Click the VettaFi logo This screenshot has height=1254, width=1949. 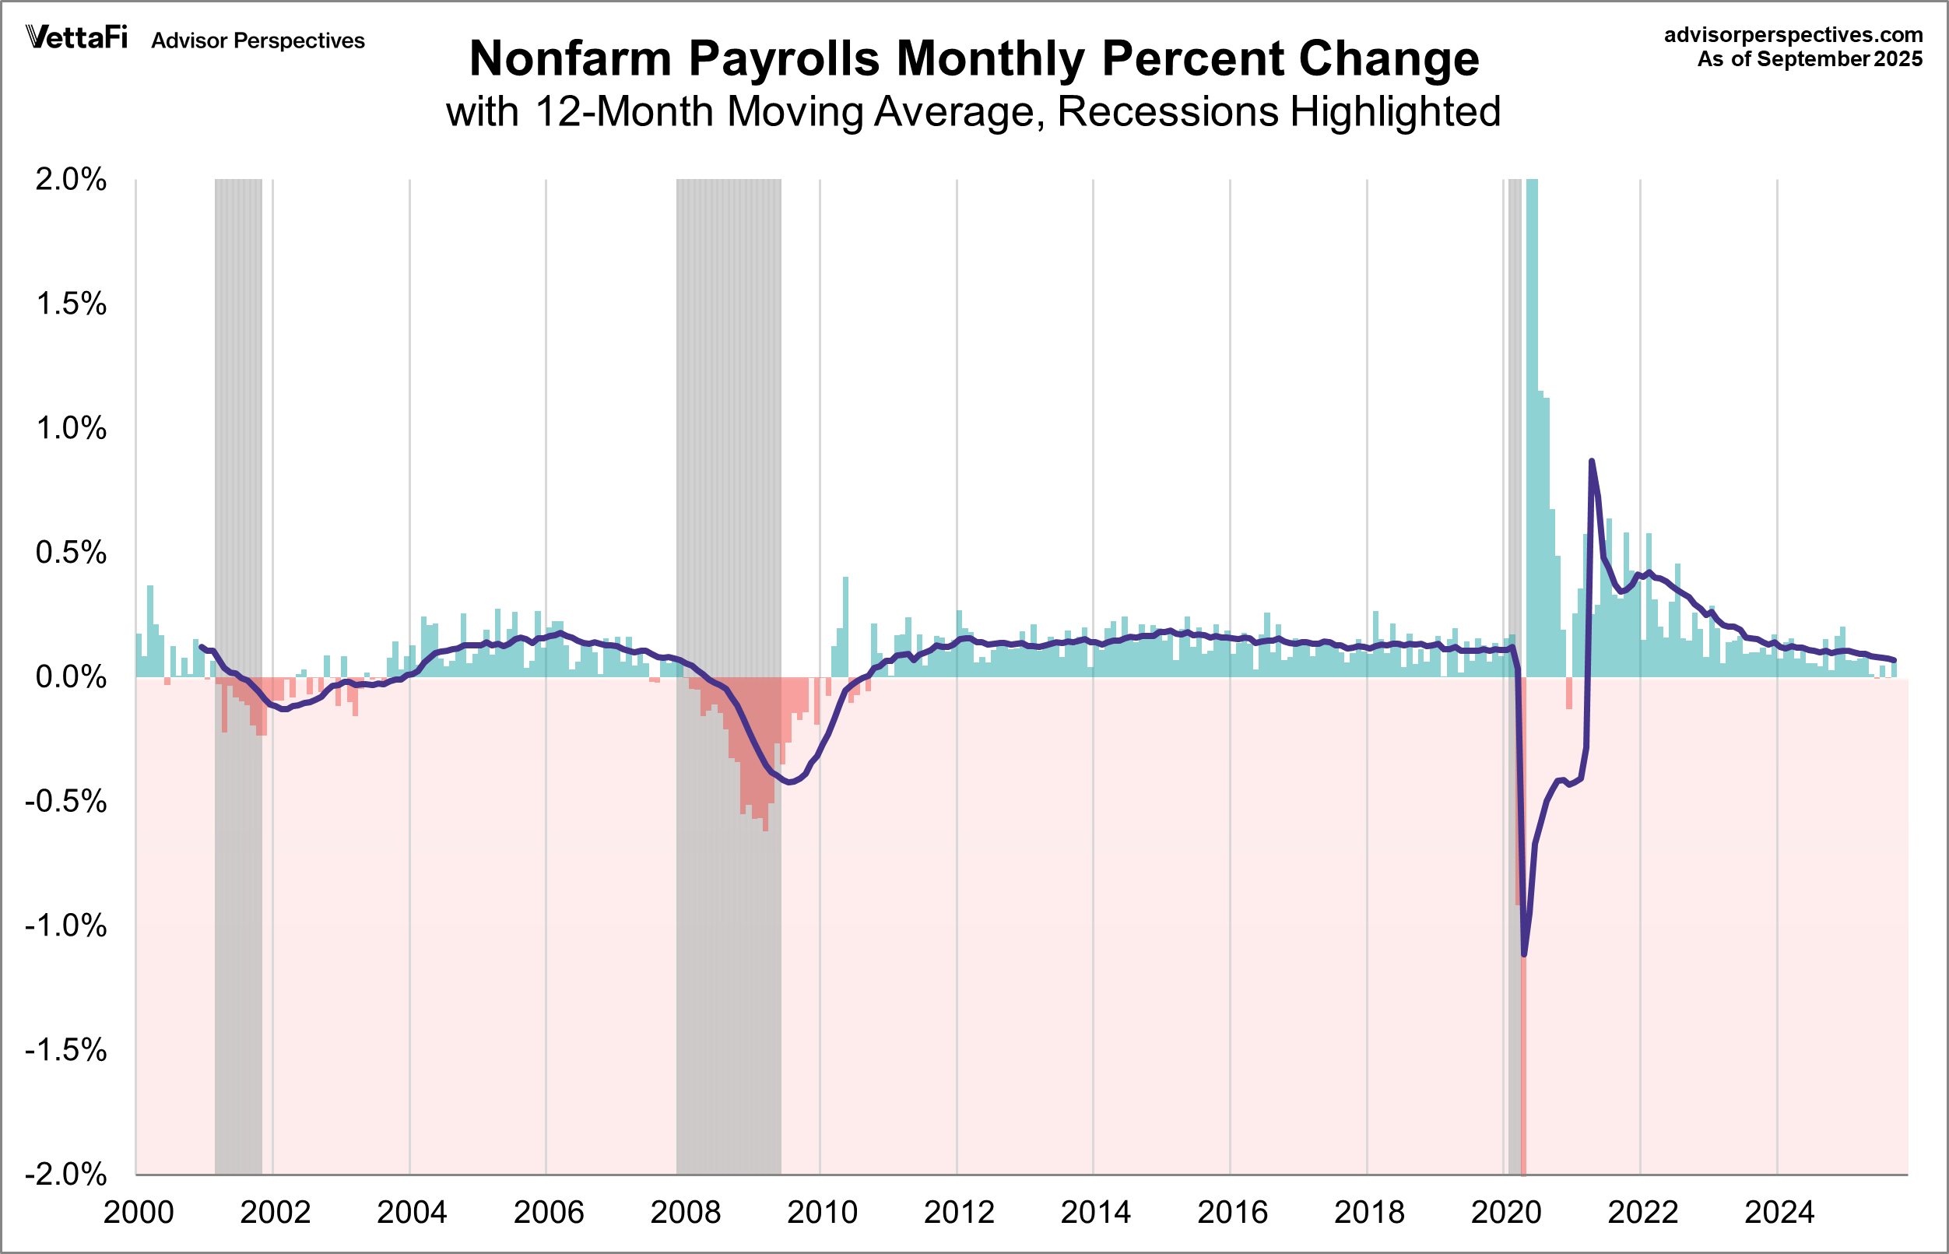[x=77, y=37]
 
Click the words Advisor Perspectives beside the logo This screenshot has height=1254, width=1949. [x=258, y=40]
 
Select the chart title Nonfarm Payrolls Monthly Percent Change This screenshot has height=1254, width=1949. [x=974, y=58]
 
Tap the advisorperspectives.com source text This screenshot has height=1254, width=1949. [x=1793, y=35]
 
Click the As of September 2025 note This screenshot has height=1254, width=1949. [x=1809, y=59]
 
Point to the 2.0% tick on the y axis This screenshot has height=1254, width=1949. [x=71, y=180]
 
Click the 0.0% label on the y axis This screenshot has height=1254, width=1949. [x=71, y=676]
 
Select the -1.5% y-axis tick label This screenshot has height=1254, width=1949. [x=66, y=1050]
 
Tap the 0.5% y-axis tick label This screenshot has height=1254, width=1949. [x=71, y=553]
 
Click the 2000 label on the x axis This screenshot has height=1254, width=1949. [x=139, y=1214]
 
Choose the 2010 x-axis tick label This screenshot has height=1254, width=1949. [x=822, y=1214]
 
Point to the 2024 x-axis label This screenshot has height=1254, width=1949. [x=1779, y=1214]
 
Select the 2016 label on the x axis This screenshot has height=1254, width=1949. [x=1233, y=1214]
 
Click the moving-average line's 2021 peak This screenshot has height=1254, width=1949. [x=1592, y=462]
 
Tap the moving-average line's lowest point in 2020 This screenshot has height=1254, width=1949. [x=1524, y=954]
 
